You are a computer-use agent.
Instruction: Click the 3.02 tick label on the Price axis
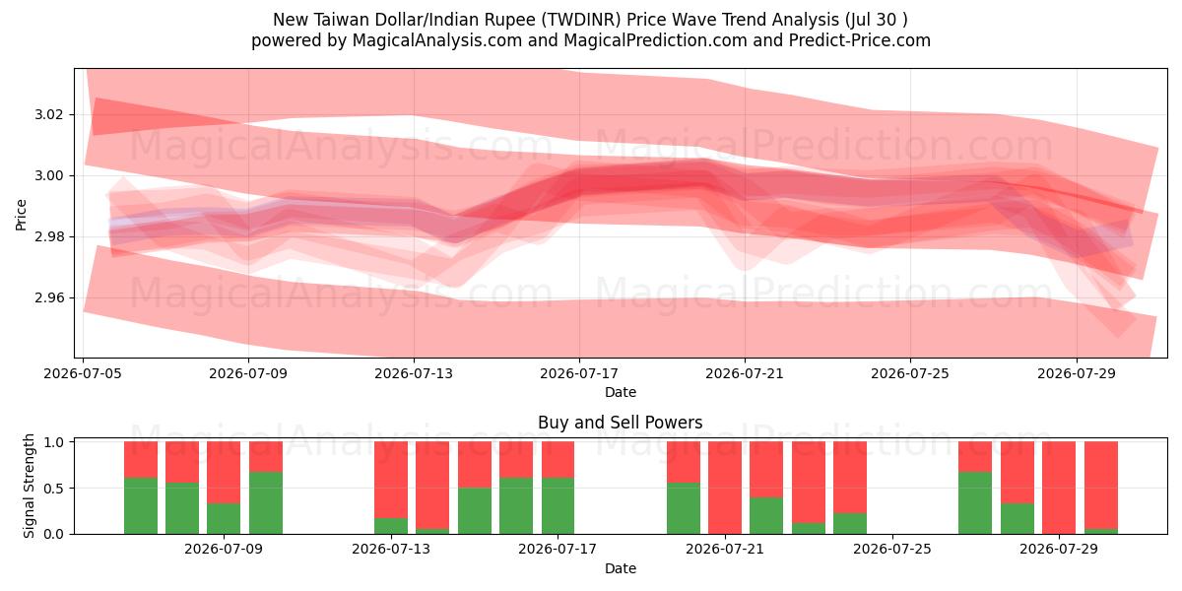[x=48, y=115]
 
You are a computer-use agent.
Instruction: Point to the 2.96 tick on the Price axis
[x=48, y=298]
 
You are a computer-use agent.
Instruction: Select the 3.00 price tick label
[x=48, y=175]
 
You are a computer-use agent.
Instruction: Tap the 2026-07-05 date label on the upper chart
[x=83, y=373]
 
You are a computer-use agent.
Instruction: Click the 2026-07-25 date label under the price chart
[x=910, y=373]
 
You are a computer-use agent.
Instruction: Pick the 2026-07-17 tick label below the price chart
[x=579, y=373]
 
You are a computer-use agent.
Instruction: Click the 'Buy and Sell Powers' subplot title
[x=620, y=423]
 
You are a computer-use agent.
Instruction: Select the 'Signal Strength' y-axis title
[x=29, y=486]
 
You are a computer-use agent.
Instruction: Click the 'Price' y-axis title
[x=21, y=215]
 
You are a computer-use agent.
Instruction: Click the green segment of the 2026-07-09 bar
[x=224, y=518]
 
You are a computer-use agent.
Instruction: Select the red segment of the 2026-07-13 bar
[x=391, y=480]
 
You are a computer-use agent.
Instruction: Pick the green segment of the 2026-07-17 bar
[x=558, y=505]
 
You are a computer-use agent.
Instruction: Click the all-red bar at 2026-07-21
[x=725, y=488]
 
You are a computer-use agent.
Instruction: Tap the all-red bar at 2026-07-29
[x=1059, y=488]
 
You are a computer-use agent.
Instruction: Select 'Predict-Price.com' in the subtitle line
[x=860, y=40]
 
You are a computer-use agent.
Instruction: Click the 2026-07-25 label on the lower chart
[x=891, y=550]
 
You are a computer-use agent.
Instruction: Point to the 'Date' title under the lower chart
[x=620, y=569]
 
